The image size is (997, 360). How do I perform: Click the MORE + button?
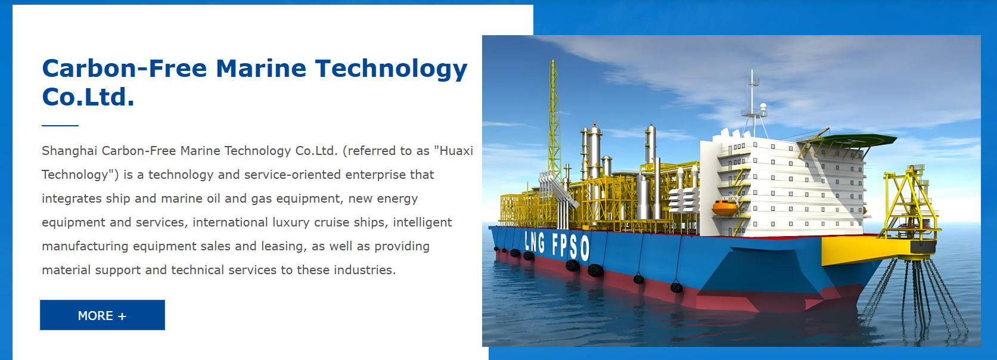tap(103, 315)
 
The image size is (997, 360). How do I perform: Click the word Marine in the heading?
tap(261, 69)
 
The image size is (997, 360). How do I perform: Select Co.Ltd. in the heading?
tap(88, 97)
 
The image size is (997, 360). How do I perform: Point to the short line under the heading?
tap(60, 126)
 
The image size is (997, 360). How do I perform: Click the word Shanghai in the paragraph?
tap(70, 151)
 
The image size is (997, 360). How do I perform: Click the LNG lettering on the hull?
tap(535, 243)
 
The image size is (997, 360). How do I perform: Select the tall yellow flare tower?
tap(553, 120)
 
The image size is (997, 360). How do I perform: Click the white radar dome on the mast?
tap(763, 106)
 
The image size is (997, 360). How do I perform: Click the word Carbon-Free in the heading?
tap(125, 69)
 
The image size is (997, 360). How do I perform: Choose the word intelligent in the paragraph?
tap(423, 222)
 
